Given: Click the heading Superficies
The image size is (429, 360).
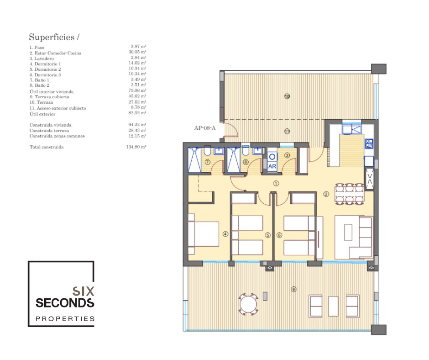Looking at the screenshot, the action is click(x=52, y=37).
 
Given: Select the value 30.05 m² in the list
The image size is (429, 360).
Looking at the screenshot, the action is click(x=137, y=52).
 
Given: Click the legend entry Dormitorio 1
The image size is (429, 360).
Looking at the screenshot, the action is click(x=45, y=64).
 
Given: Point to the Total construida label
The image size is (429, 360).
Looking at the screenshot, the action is click(x=47, y=147).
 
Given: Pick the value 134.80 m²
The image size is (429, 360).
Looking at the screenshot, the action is click(x=136, y=147).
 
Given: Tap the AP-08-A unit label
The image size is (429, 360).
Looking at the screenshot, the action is click(x=205, y=128).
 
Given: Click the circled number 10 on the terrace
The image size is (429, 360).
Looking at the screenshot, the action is click(x=287, y=96).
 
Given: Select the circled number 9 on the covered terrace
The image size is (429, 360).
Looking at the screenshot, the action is click(x=293, y=289).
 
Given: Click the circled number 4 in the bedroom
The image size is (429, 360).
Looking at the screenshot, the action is click(x=225, y=234).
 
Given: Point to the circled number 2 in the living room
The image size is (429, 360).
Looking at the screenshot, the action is click(x=326, y=194).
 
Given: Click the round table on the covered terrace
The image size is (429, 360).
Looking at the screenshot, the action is click(x=248, y=304).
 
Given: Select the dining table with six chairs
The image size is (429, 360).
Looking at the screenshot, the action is click(x=350, y=194).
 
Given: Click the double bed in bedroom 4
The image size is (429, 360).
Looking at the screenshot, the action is click(x=204, y=234).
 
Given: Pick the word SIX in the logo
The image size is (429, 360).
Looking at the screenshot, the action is click(x=83, y=291).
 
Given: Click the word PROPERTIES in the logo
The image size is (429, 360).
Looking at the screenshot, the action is click(x=65, y=318).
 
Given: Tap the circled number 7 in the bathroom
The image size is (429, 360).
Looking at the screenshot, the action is click(x=207, y=162).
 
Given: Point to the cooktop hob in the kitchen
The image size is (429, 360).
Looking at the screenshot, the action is click(x=369, y=143).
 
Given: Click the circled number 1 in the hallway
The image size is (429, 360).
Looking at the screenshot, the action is click(x=276, y=184).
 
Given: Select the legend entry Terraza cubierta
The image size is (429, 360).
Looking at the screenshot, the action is click(x=49, y=97).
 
